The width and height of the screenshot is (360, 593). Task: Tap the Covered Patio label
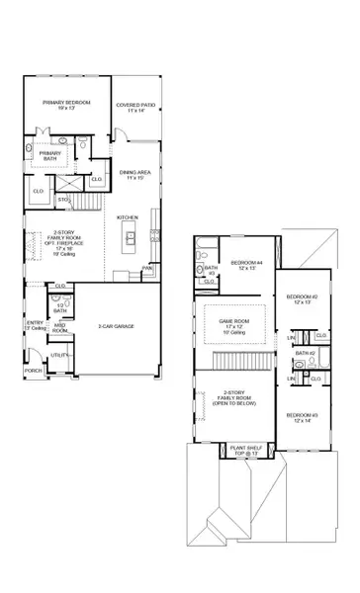point(134,105)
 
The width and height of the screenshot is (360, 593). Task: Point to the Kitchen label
point(128,216)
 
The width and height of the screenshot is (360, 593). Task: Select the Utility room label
point(58,353)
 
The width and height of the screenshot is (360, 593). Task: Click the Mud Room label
point(60,327)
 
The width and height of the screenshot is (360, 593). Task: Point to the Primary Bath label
point(50,156)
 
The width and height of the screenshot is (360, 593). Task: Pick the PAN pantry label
point(147,267)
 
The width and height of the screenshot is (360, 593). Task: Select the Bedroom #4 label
point(244,264)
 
